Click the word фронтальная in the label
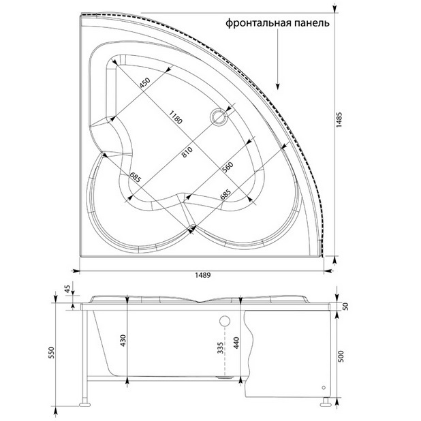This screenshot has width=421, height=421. click(x=258, y=23)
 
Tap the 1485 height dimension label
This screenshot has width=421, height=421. click(x=340, y=119)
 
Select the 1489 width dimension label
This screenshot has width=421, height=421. click(x=203, y=275)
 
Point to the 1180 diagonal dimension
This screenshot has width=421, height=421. click(x=176, y=117)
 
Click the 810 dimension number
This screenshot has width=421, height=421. click(x=187, y=152)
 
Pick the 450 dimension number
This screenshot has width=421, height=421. click(x=145, y=82)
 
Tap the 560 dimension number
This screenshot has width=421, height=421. click(x=228, y=168)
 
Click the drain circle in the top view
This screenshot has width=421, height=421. click(x=219, y=116)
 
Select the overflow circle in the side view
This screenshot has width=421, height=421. click(x=225, y=321)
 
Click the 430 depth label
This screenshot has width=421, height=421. click(x=123, y=341)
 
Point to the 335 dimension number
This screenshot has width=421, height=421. click(x=220, y=347)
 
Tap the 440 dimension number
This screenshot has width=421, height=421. click(x=236, y=343)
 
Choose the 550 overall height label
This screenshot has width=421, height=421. click(x=52, y=352)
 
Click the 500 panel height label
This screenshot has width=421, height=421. click(x=341, y=356)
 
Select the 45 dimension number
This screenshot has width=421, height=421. click(x=67, y=289)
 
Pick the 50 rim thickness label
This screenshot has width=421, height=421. click(x=346, y=307)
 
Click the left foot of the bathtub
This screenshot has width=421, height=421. click(x=85, y=403)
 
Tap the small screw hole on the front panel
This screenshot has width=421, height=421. click(x=324, y=388)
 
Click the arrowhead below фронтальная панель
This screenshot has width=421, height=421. click(x=278, y=86)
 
